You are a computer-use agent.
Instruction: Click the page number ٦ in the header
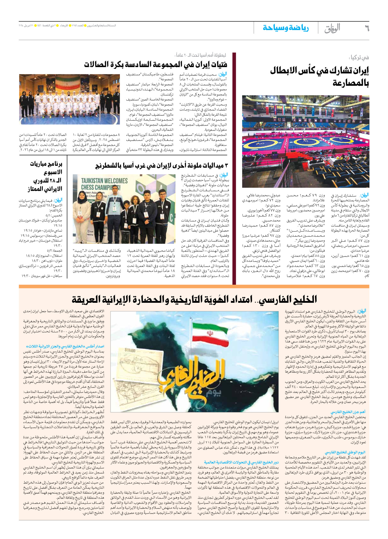tap(366, 28)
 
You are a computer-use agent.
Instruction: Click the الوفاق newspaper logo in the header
tap(332, 29)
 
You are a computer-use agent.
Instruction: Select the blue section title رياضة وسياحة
tap(286, 28)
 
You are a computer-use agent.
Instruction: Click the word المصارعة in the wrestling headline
tap(350, 83)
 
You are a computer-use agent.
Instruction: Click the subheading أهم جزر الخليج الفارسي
tap(348, 412)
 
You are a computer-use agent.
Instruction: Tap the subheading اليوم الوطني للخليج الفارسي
tap(345, 453)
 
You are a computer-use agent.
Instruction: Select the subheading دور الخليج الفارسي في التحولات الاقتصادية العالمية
tap(241, 463)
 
